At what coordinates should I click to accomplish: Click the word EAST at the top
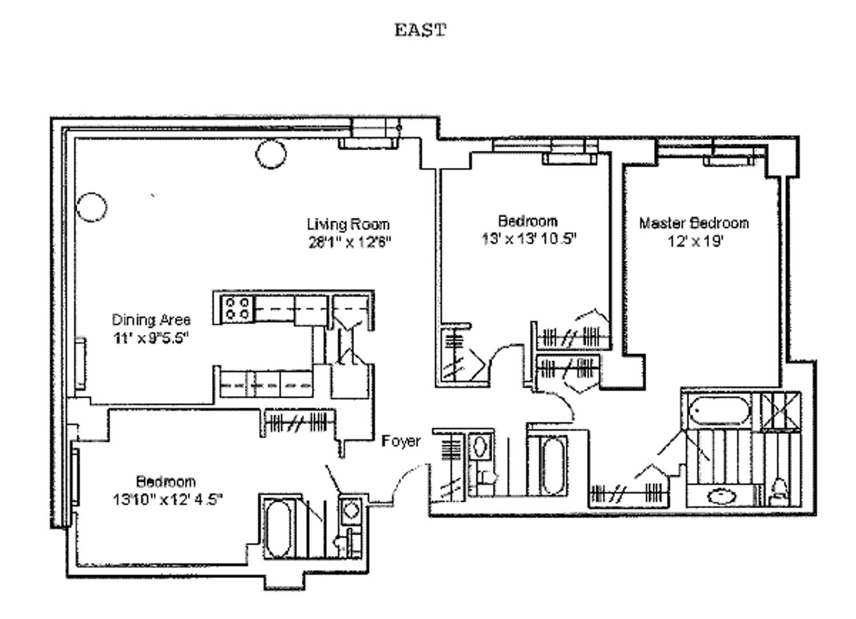(420, 30)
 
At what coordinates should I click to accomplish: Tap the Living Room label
(348, 224)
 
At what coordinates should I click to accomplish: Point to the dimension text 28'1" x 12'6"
(350, 242)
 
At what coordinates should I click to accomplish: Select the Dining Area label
(151, 320)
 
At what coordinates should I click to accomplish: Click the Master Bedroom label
(694, 223)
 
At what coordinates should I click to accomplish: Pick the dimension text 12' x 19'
(696, 241)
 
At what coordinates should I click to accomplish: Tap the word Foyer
(401, 441)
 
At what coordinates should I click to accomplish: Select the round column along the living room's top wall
(270, 154)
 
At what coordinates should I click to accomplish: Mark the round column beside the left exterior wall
(91, 206)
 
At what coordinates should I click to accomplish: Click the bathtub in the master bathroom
(720, 411)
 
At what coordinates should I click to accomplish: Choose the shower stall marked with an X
(780, 410)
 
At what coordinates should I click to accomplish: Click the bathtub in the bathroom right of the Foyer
(552, 465)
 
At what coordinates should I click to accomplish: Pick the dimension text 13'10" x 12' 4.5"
(167, 500)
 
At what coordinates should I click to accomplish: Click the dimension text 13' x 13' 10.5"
(528, 239)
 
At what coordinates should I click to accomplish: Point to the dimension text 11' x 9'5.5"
(151, 338)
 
